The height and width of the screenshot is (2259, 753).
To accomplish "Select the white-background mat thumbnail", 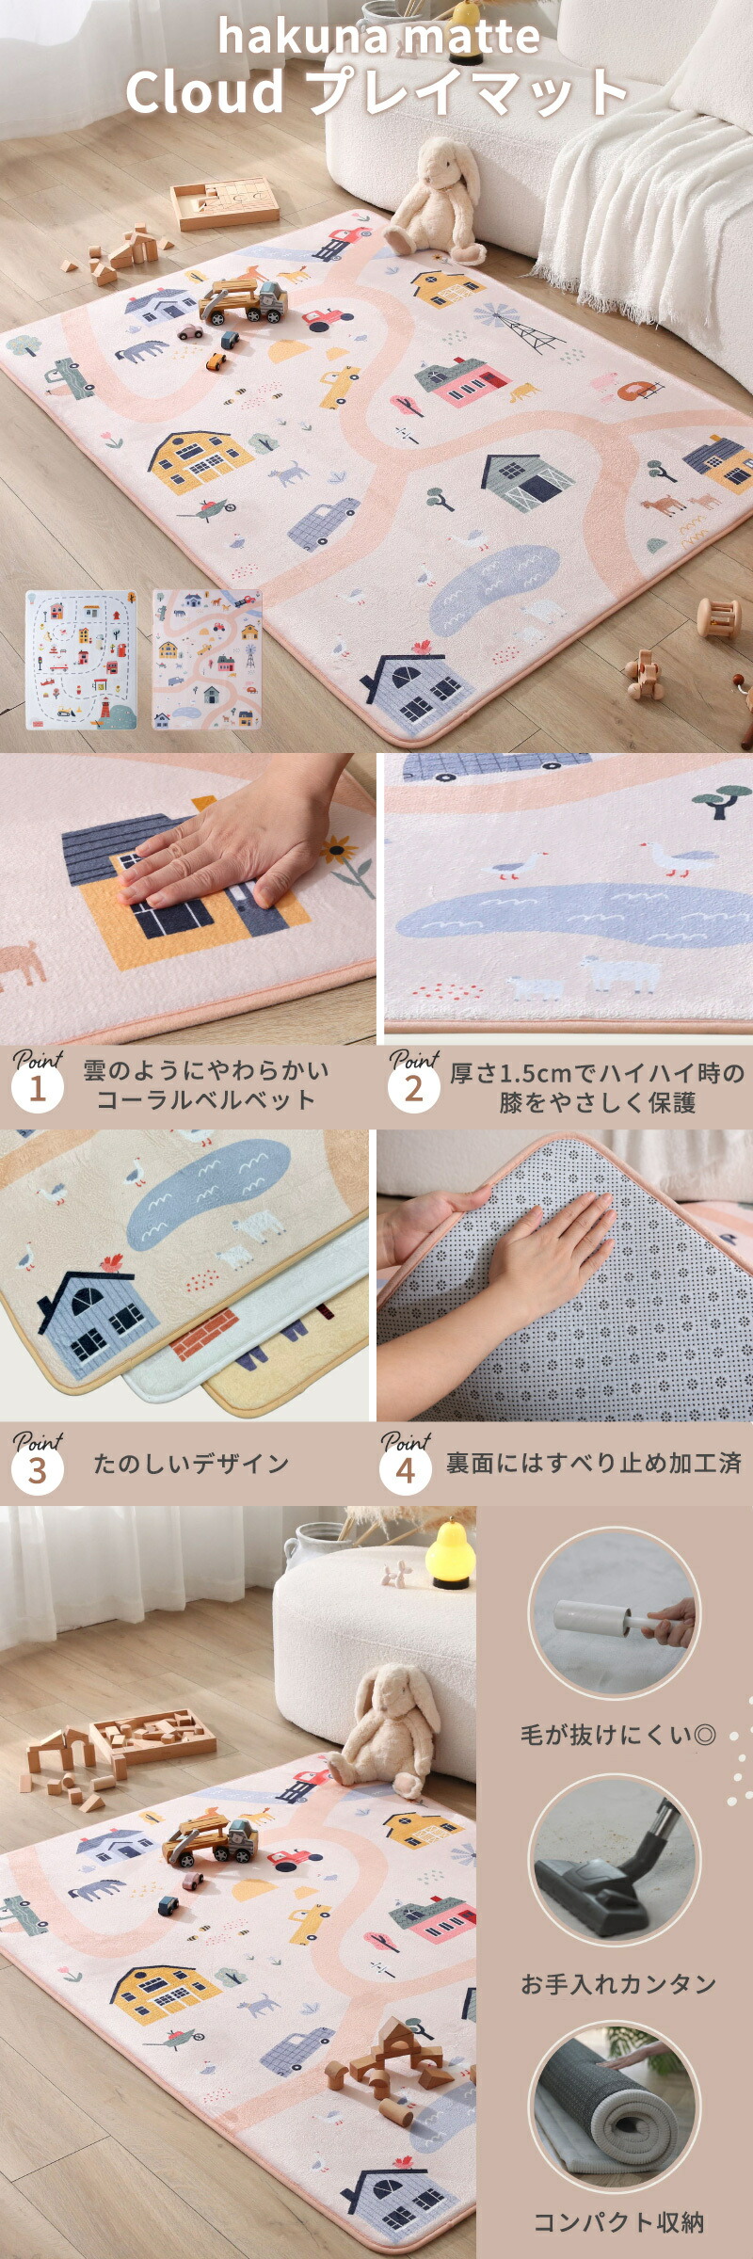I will (81, 659).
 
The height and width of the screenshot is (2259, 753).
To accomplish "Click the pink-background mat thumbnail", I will (206, 659).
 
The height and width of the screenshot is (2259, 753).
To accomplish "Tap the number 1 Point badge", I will (37, 1089).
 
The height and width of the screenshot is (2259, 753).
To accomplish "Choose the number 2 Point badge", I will (413, 1089).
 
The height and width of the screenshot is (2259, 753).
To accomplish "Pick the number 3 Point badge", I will (37, 1470).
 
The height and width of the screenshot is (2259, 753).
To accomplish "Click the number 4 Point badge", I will (405, 1470).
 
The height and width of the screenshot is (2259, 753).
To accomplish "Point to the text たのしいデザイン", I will (190, 1464).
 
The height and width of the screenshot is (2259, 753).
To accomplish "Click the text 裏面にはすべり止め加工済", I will (593, 1463).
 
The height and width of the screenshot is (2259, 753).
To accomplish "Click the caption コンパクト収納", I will (618, 2222).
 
